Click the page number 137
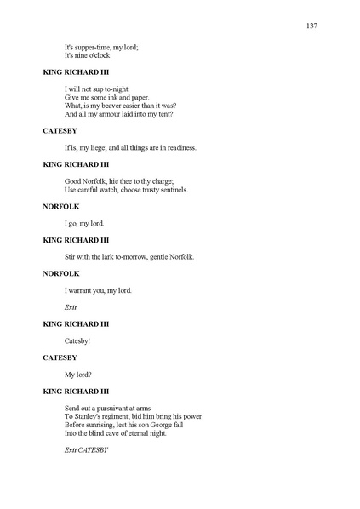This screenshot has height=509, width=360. (x=311, y=26)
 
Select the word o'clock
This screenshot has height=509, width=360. (x=99, y=55)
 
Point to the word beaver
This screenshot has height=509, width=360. (x=112, y=106)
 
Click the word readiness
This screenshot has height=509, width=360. (x=178, y=147)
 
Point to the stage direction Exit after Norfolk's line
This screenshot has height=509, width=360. (x=71, y=306)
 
